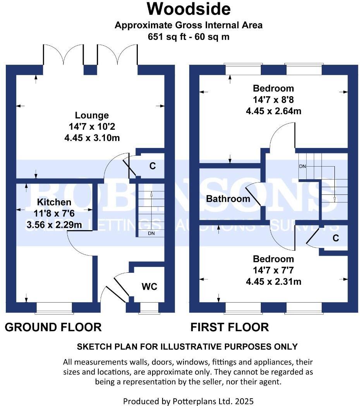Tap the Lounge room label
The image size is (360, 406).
click(x=92, y=115)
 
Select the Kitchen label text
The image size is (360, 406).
click(x=54, y=202)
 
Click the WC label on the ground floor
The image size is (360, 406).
click(x=149, y=287)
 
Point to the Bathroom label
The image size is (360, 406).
click(x=228, y=199)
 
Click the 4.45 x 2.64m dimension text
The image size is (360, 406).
click(x=273, y=111)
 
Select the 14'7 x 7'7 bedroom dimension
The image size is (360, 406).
click(x=273, y=270)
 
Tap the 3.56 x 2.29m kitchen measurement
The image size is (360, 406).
click(x=54, y=224)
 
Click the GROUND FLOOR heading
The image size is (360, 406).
click(x=53, y=327)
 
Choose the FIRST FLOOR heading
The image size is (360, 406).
click(x=230, y=327)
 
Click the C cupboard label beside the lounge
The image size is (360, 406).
click(x=153, y=166)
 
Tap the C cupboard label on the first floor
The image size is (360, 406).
click(x=336, y=238)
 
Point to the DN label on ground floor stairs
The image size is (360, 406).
click(x=151, y=234)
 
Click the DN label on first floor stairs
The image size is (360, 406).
click(x=302, y=166)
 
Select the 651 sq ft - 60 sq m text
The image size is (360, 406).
click(x=189, y=37)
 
